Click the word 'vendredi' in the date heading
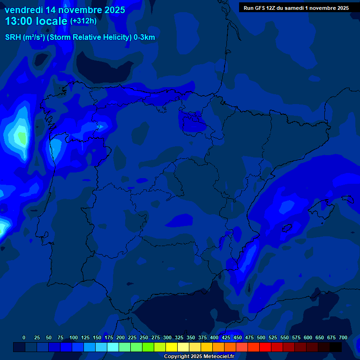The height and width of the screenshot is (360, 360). [23, 10]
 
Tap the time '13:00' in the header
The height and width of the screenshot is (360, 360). [19, 21]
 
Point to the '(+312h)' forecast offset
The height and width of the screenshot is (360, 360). [83, 21]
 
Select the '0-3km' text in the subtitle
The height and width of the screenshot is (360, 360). [144, 37]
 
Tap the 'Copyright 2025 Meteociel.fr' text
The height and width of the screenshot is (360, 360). [199, 356]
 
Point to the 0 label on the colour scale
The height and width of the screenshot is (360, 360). [24, 337]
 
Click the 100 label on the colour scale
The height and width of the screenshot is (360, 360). [74, 337]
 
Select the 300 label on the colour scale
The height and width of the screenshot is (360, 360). [167, 337]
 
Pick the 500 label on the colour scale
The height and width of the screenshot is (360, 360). [261, 337]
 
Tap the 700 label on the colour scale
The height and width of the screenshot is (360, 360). [343, 337]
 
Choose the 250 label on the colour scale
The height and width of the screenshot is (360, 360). [144, 337]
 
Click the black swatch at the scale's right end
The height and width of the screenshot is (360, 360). [336, 347]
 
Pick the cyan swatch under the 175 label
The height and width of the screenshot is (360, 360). [113, 347]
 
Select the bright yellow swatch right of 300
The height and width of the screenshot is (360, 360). [172, 347]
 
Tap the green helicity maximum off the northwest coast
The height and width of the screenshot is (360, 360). [21, 137]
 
